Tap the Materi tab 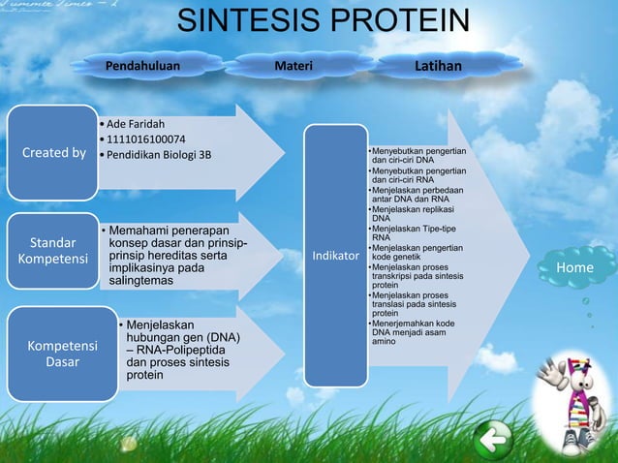(293, 66)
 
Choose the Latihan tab (438, 66)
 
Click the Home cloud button (580, 267)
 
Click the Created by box (54, 153)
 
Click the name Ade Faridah (136, 124)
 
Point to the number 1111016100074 (146, 139)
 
